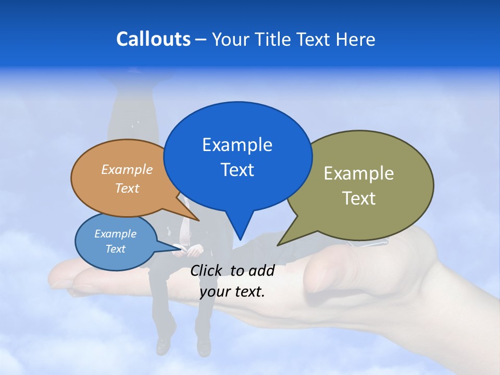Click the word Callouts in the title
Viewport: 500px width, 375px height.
pos(154,39)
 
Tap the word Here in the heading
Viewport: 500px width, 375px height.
pos(355,40)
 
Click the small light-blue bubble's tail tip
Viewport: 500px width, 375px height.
pos(182,248)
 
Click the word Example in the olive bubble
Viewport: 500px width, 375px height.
pos(359,173)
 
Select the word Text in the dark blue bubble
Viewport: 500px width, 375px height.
pos(238,170)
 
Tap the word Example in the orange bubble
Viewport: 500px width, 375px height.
pos(127,170)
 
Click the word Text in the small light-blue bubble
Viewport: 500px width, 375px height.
pos(115,249)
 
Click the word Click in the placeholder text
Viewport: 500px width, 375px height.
pos(207,270)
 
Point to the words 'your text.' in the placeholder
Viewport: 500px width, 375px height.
pos(232,292)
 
